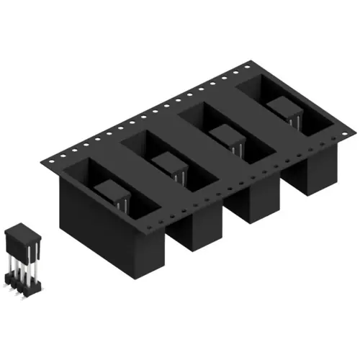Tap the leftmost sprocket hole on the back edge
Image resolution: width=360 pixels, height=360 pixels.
[53, 159]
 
